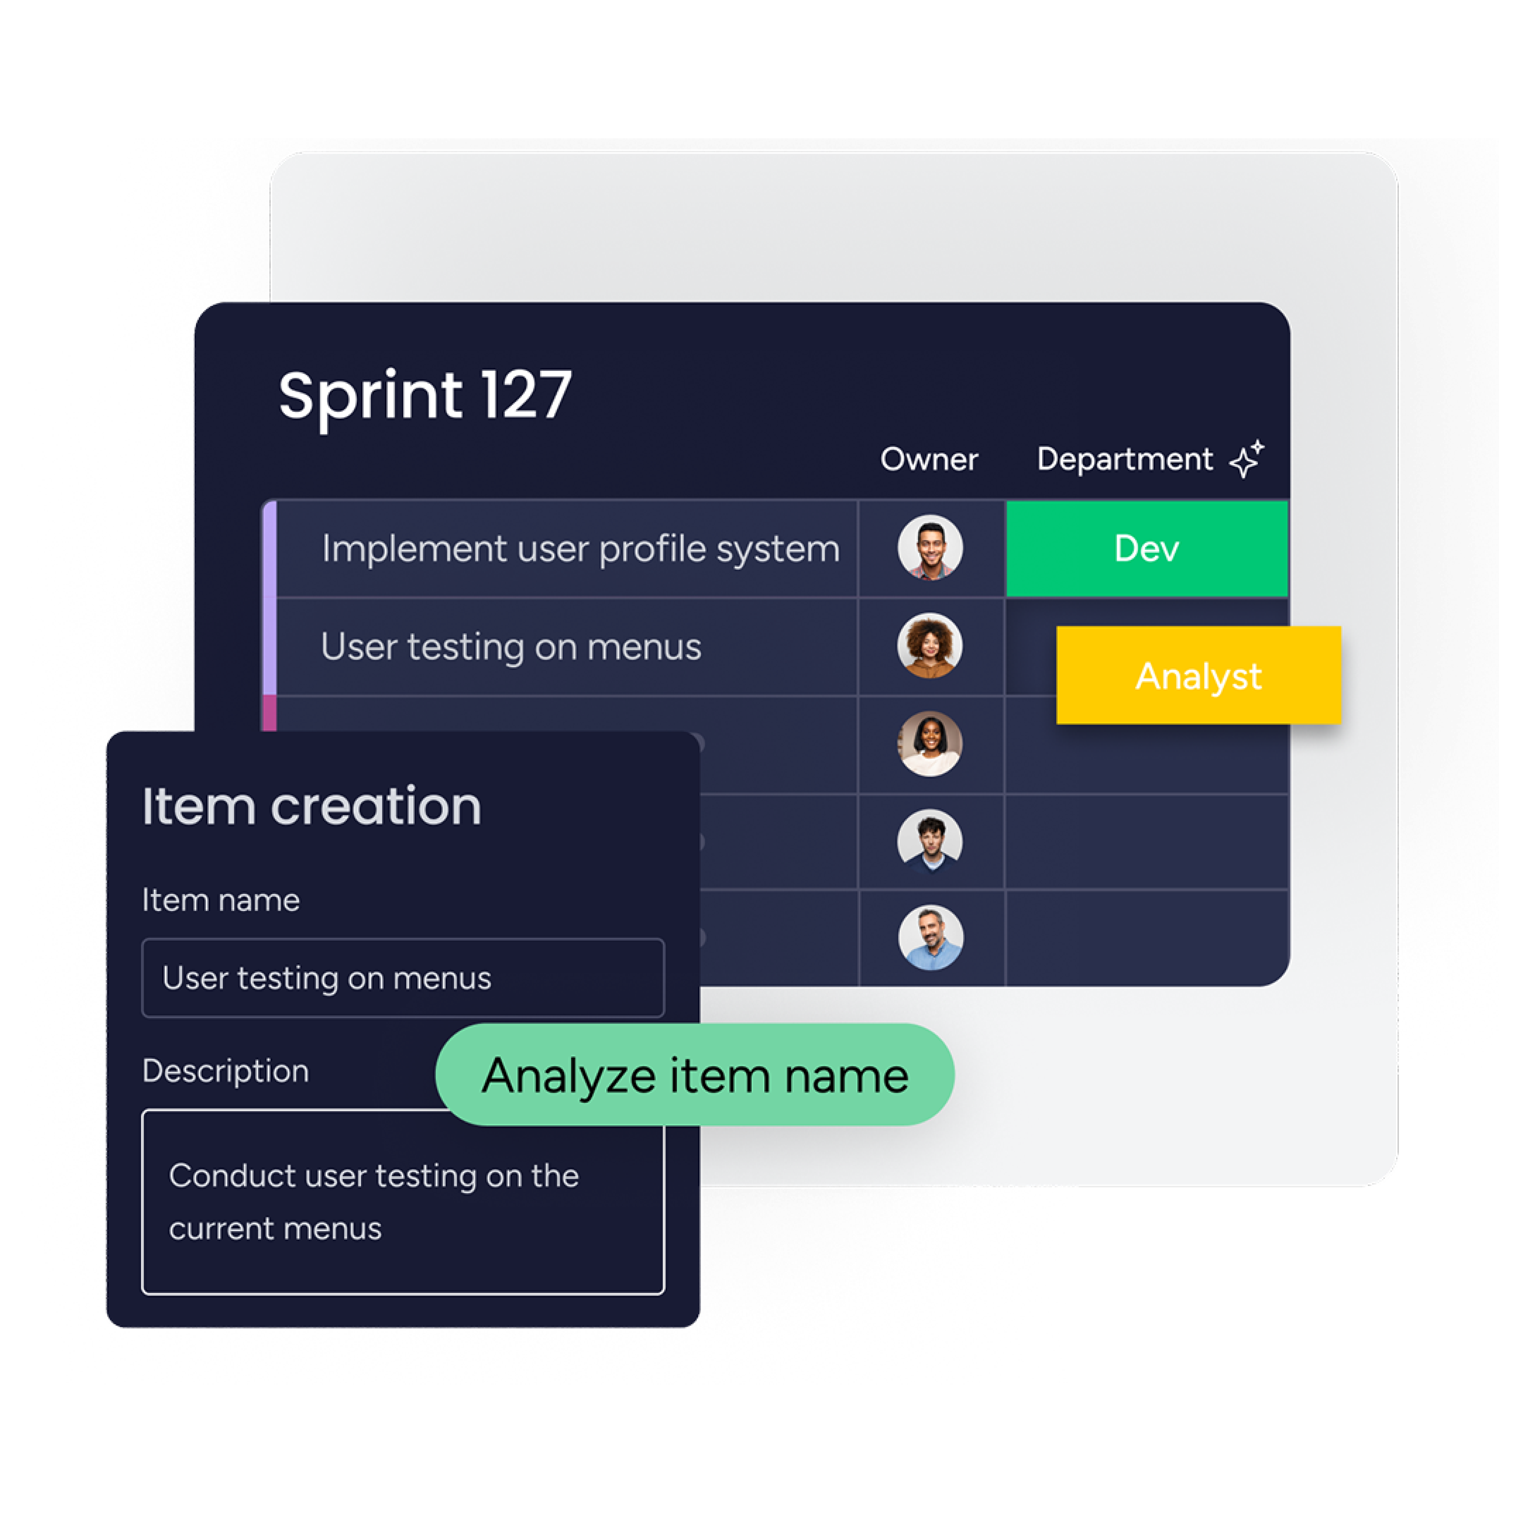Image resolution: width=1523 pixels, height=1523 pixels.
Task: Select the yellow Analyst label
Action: pyautogui.click(x=1198, y=675)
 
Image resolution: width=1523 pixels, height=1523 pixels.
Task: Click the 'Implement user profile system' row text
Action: pyautogui.click(x=580, y=549)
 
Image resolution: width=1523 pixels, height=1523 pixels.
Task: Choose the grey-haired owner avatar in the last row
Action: pyautogui.click(x=930, y=937)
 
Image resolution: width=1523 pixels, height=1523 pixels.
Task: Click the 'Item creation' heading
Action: pyautogui.click(x=311, y=806)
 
